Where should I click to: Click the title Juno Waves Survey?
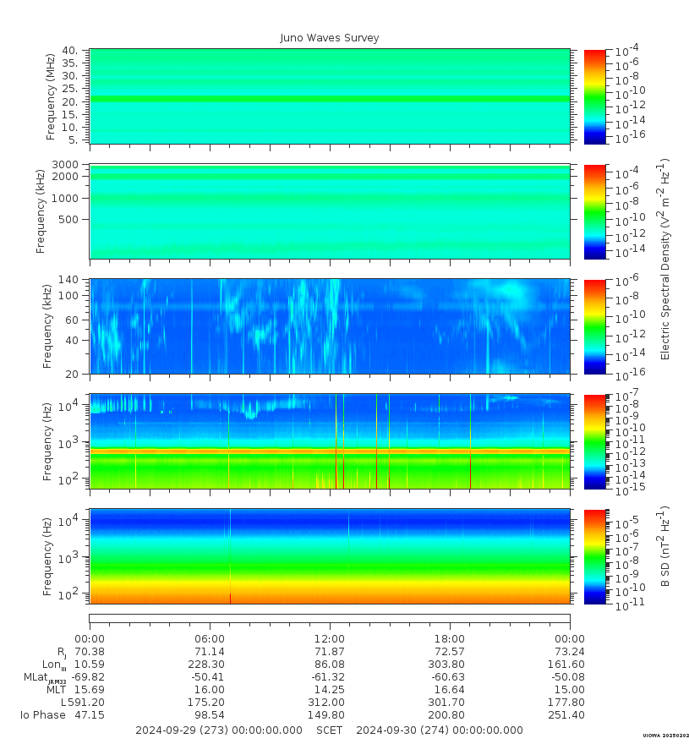330,38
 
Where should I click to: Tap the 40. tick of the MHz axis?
70,51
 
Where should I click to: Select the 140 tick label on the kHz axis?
68,280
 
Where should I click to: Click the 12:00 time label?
329,638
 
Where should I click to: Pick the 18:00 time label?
449,638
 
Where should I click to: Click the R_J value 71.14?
210,652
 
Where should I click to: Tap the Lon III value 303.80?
449,665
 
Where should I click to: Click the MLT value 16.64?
449,690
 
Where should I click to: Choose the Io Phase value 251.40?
568,715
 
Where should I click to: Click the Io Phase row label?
43,715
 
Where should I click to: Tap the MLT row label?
57,690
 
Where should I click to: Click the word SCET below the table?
330,730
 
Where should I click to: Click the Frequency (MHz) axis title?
51,96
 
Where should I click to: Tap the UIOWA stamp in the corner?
665,736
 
